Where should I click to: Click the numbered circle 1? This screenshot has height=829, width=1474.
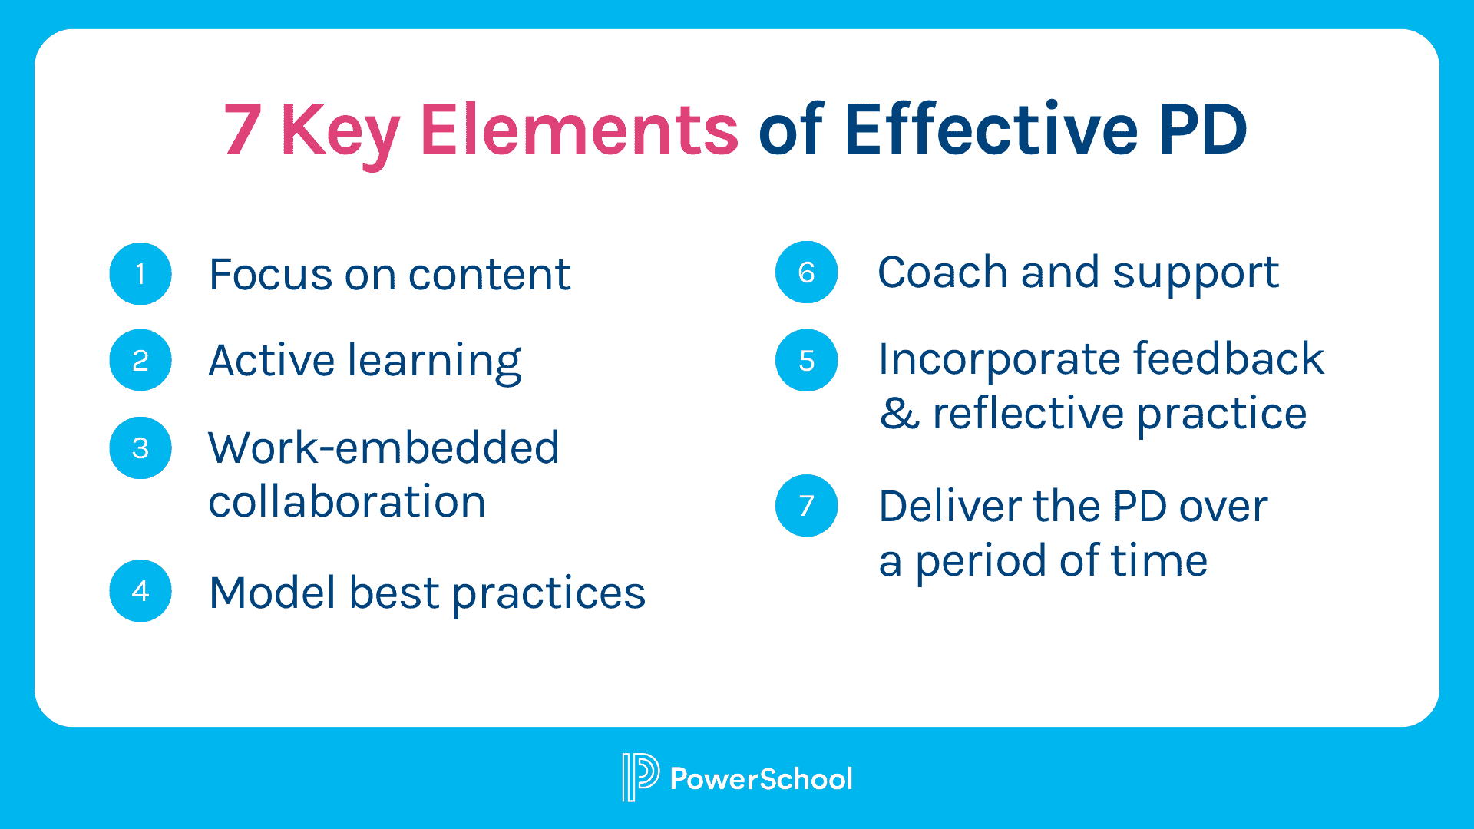(140, 274)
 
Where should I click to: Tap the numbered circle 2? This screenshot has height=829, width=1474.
(140, 360)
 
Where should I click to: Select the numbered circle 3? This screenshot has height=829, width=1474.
(140, 448)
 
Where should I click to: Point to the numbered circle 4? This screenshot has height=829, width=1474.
(140, 591)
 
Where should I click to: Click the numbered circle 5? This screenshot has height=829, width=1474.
(806, 361)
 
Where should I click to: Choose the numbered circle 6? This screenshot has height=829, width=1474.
(806, 272)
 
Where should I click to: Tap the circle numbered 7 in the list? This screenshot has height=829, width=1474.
(806, 506)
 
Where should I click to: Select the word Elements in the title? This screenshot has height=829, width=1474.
(579, 129)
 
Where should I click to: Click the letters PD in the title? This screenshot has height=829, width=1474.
(1202, 129)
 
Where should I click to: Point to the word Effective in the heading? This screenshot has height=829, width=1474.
(990, 129)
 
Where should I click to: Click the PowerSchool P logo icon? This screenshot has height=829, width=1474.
(639, 778)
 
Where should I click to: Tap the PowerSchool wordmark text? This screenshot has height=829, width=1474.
(761, 779)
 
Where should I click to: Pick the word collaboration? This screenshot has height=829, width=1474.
(347, 502)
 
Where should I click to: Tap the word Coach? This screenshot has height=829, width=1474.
(942, 272)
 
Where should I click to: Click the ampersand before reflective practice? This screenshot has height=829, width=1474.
(899, 414)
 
